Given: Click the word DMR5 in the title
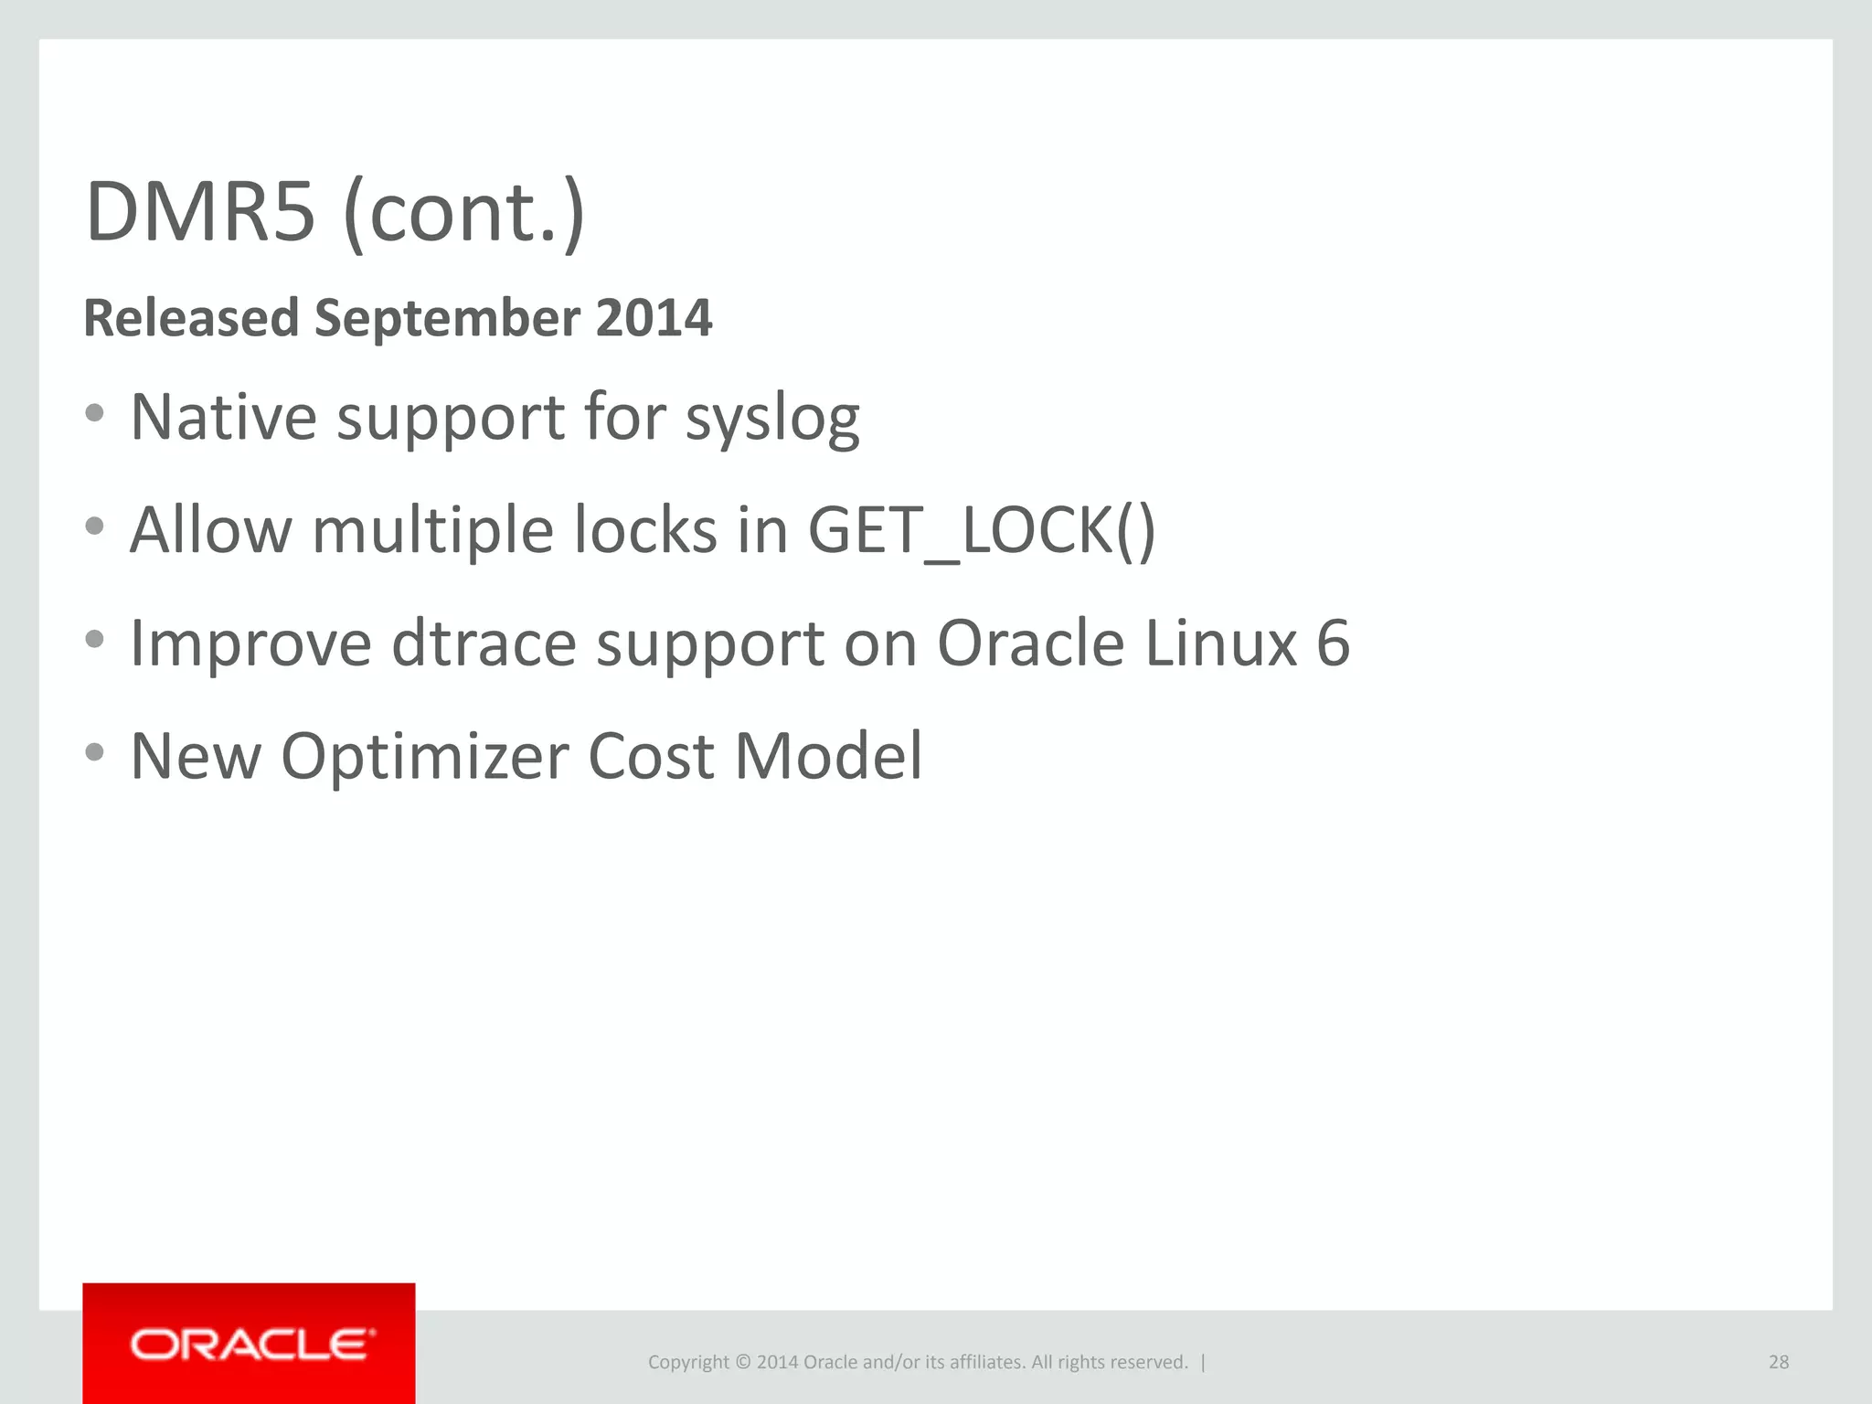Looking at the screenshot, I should (x=200, y=212).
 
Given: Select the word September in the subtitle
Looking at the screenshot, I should (x=447, y=318).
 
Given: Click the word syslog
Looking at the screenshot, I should (x=772, y=419).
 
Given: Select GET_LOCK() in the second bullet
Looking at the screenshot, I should (x=982, y=530).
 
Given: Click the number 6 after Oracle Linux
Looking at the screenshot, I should (x=1333, y=643).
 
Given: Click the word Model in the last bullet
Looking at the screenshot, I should (x=828, y=757).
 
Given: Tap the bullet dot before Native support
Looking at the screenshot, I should (x=94, y=413).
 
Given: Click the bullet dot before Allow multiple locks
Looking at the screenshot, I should (x=94, y=526).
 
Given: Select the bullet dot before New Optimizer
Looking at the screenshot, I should (x=94, y=752).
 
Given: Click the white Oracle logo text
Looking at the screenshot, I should (x=252, y=1345).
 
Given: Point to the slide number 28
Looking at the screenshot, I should (x=1778, y=1362).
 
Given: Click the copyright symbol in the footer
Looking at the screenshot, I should (x=743, y=1362).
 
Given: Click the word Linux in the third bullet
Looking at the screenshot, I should (x=1220, y=643).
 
